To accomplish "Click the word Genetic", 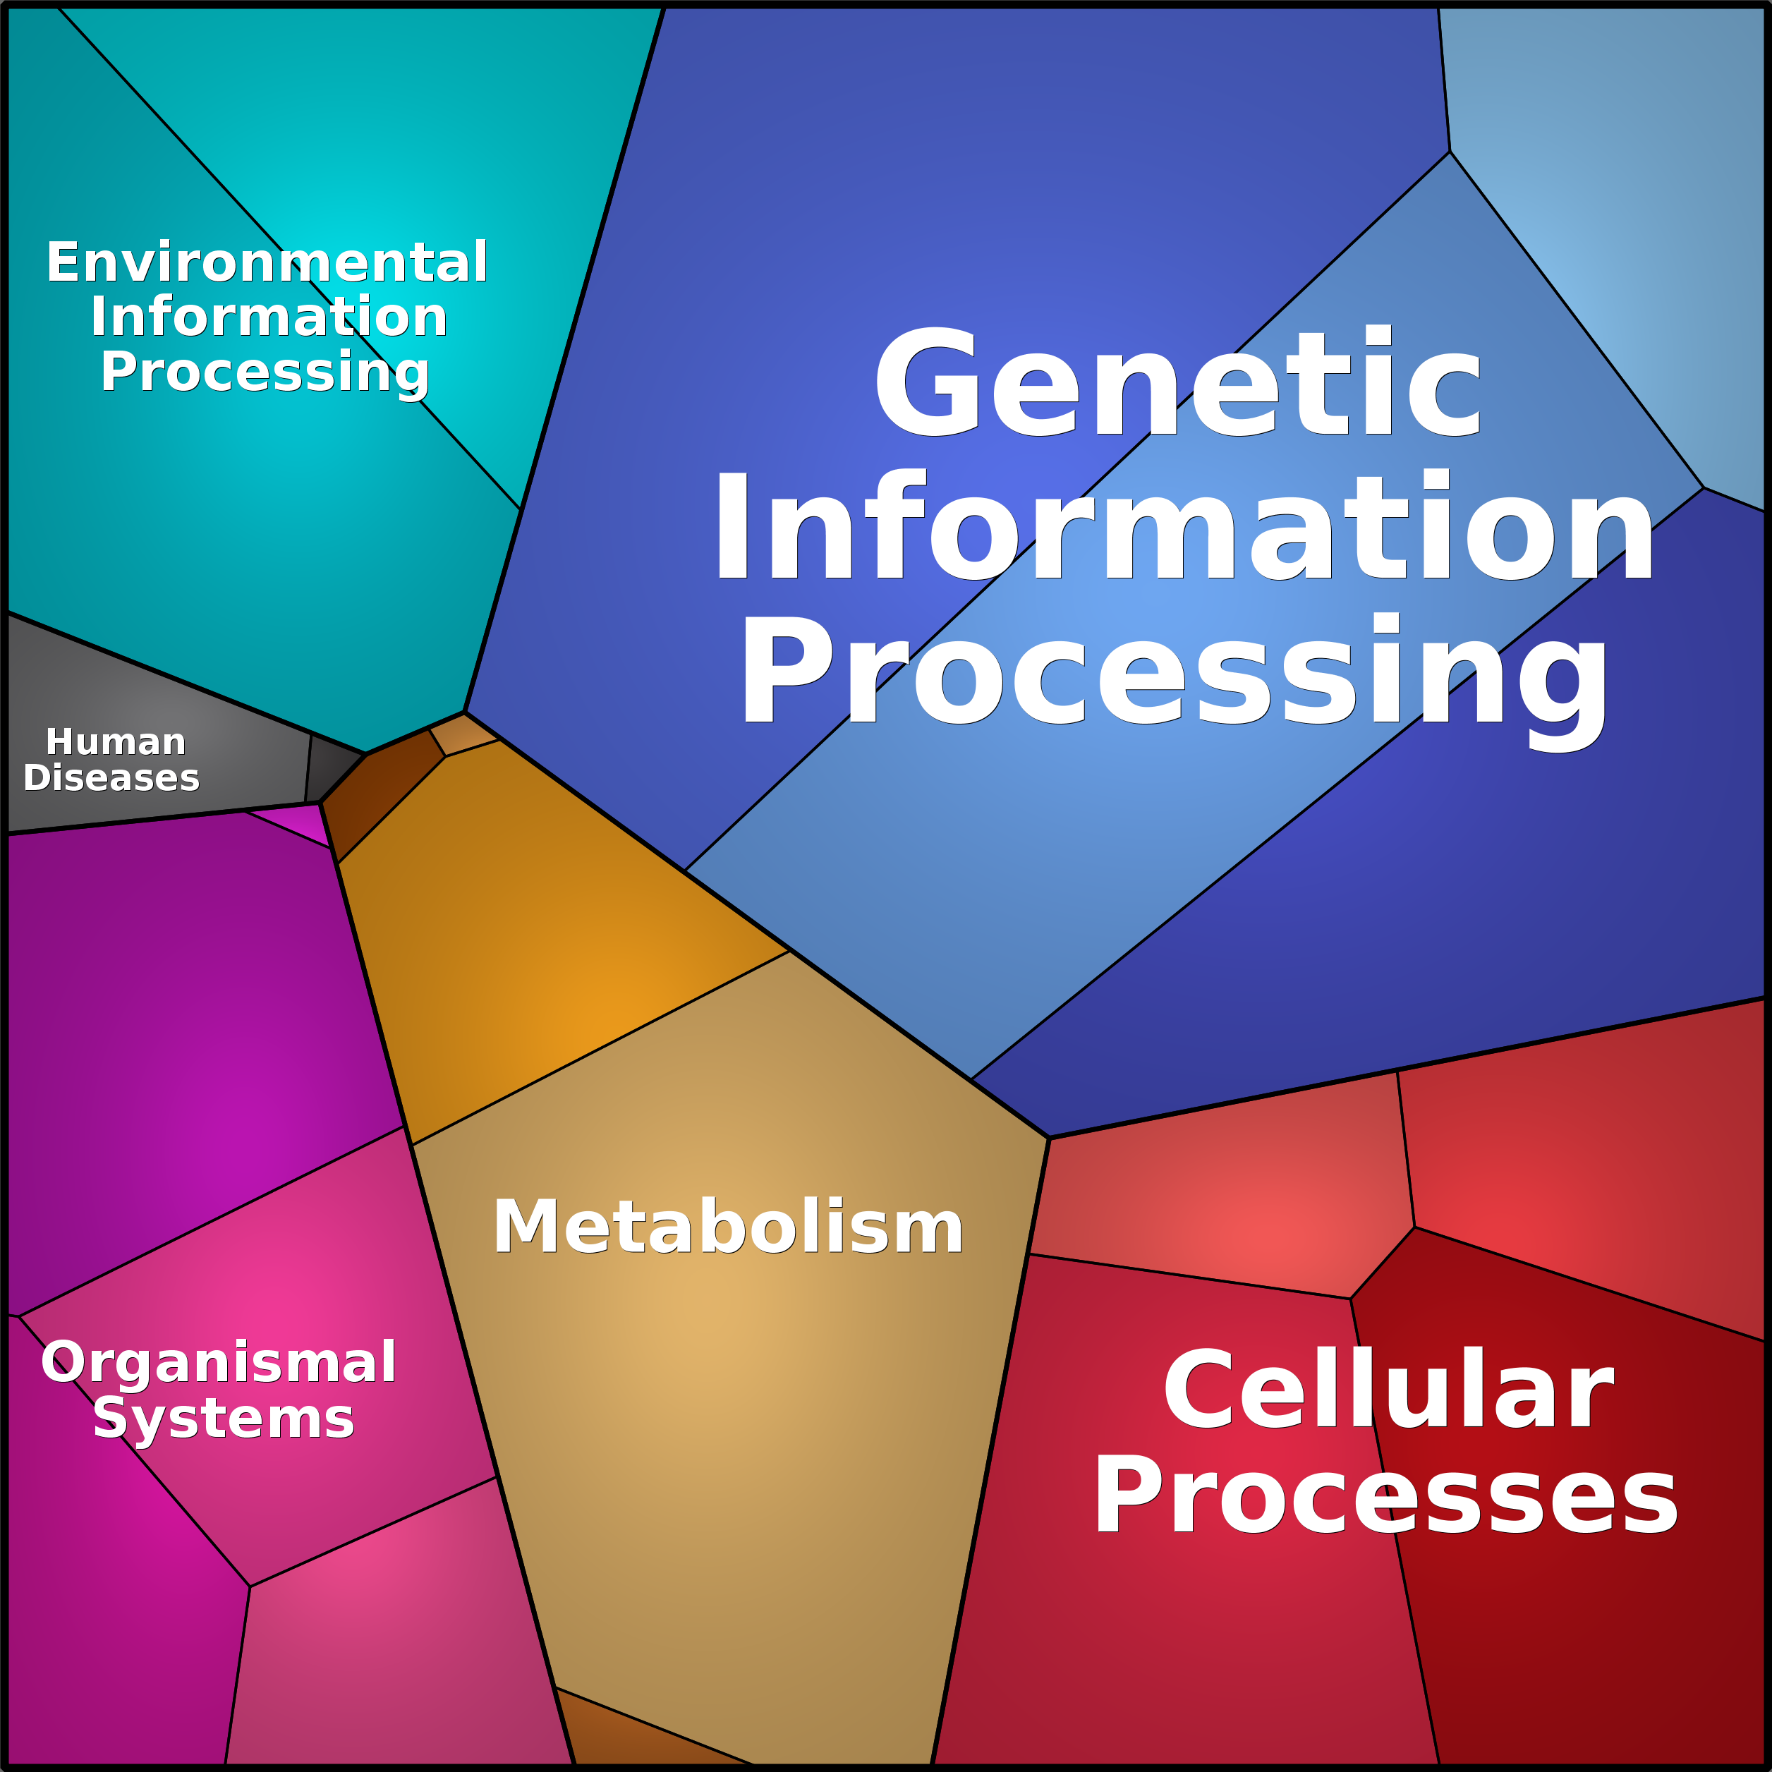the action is (x=1177, y=382).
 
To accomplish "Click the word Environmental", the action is (x=267, y=262).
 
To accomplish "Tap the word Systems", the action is (x=224, y=1419).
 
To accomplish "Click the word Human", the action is (x=116, y=741).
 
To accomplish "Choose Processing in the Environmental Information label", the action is (x=265, y=372).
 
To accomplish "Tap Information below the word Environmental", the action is (x=268, y=317).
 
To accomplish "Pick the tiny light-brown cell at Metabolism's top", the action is (x=461, y=733).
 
